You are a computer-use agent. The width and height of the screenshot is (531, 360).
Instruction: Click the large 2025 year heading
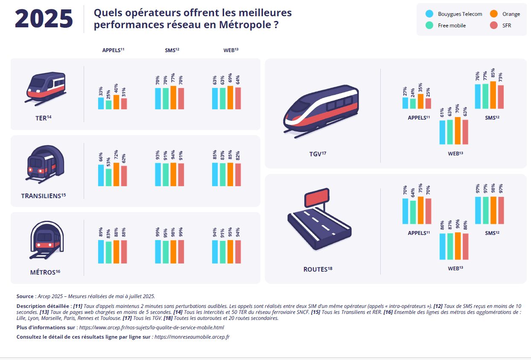(x=44, y=19)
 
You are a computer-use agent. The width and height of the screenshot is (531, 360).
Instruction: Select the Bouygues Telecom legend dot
(x=429, y=14)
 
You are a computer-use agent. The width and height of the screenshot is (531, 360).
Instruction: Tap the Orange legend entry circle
(x=494, y=14)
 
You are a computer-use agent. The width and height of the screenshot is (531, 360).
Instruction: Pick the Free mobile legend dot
(x=429, y=25)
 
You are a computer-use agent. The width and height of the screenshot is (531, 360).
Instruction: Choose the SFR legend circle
(x=494, y=25)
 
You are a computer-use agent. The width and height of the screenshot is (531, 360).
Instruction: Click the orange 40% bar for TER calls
(x=116, y=102)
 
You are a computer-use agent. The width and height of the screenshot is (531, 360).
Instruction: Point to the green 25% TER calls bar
(x=108, y=105)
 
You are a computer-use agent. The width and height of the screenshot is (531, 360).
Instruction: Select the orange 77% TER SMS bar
(x=173, y=98)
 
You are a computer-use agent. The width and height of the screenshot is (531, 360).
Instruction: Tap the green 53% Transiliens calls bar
(x=108, y=178)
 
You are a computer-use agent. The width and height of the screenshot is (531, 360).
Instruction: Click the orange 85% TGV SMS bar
(x=493, y=95)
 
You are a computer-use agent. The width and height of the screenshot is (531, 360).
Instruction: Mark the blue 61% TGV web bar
(x=443, y=132)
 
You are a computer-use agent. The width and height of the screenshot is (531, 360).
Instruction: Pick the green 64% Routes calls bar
(x=413, y=212)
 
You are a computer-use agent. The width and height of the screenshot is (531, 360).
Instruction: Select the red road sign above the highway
(x=316, y=199)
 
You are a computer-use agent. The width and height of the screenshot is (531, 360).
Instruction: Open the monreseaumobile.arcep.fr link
(x=192, y=337)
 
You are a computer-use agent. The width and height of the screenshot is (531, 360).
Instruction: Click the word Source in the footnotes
(x=25, y=296)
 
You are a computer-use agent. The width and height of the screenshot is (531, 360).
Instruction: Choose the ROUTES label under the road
(x=315, y=269)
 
